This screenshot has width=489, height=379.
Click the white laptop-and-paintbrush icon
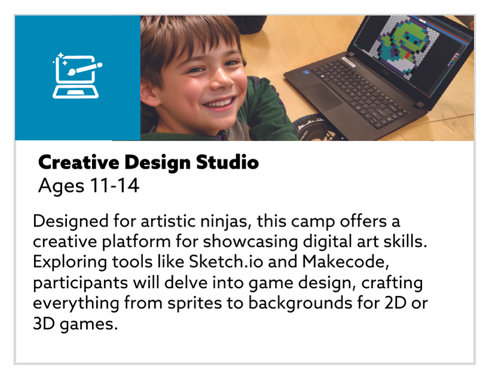pos(77,75)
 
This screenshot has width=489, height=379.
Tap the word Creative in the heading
pos(78,162)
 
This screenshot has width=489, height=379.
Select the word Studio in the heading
pos(227,162)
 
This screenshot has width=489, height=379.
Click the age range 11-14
pos(114,186)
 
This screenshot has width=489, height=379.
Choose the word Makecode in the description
pos(346,261)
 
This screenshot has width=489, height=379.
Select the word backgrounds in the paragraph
pos(300,303)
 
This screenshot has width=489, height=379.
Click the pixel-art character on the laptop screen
pos(402,47)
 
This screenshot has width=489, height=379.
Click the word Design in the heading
pos(157,163)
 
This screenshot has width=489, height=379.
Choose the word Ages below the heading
pos(61,187)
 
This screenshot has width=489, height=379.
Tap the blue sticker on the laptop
pos(305,73)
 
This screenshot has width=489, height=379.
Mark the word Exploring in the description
pos(70,262)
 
